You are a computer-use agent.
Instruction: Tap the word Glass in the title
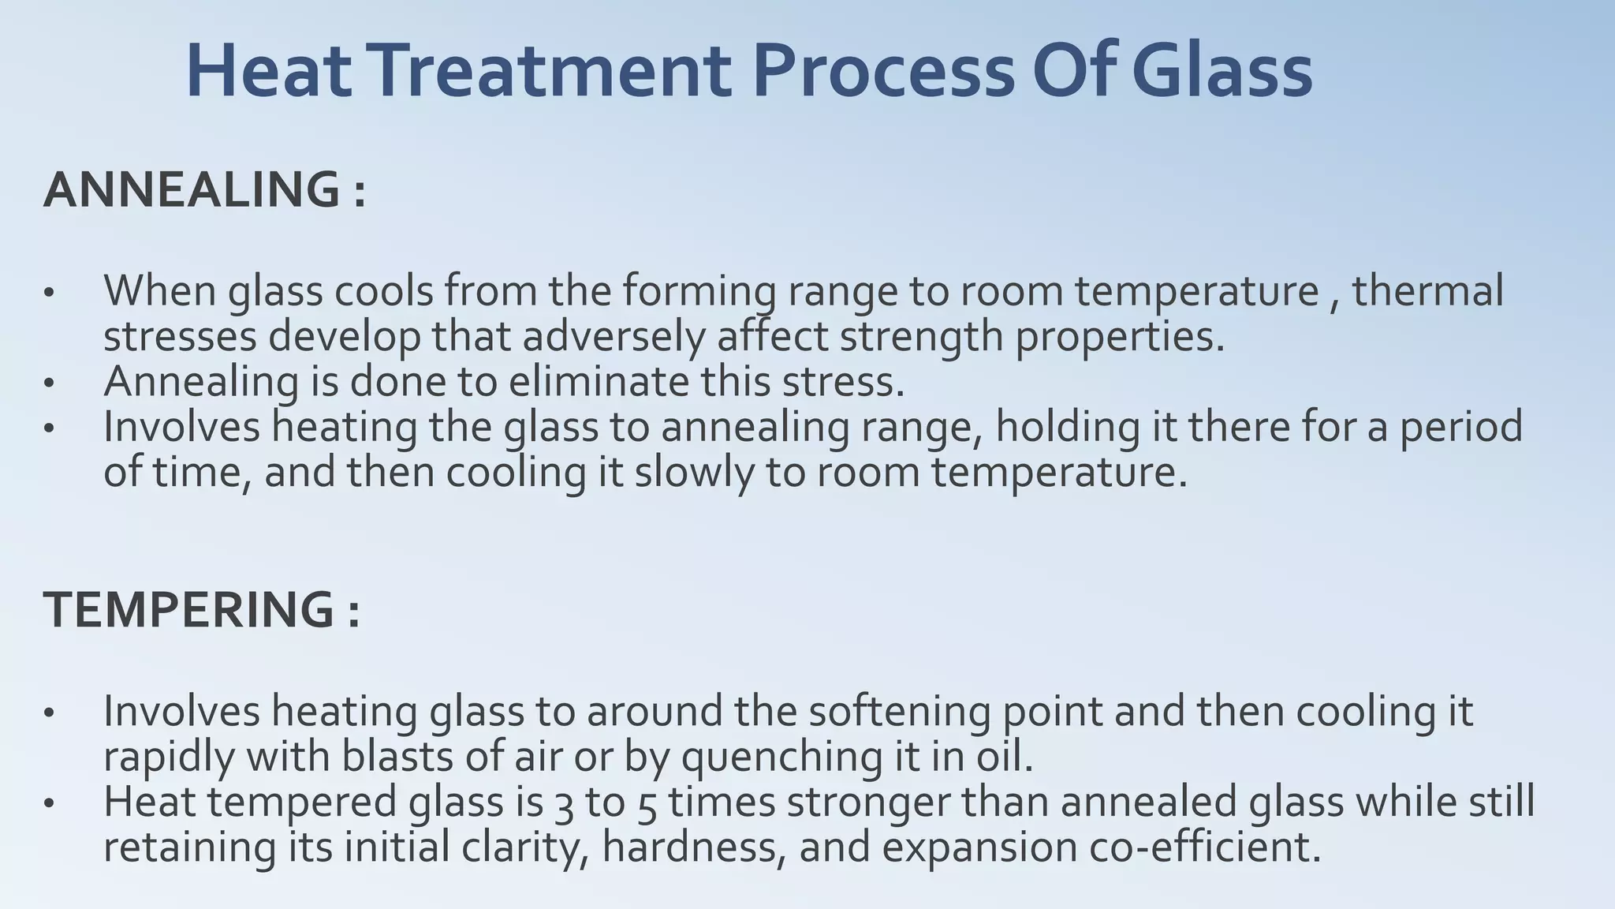click(1222, 73)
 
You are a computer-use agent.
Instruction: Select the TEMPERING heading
click(189, 610)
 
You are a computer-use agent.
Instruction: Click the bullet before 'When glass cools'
click(49, 294)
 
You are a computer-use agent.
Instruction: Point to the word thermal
click(1428, 290)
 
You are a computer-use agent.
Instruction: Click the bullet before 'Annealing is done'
click(49, 384)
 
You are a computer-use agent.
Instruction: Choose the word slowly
click(694, 473)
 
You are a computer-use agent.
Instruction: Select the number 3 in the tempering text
click(562, 803)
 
